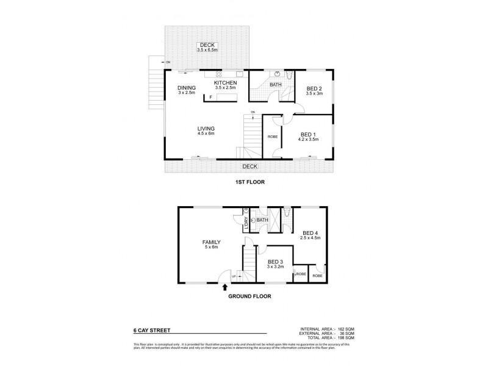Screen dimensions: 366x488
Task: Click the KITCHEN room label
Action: (x=225, y=82)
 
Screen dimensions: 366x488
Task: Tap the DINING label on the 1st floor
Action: (x=186, y=88)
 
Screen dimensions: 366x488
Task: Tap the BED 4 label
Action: (x=310, y=232)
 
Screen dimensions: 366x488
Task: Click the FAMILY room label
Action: (x=211, y=242)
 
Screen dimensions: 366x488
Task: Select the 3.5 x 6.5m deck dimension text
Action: (x=209, y=49)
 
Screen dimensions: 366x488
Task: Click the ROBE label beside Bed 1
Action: (x=272, y=137)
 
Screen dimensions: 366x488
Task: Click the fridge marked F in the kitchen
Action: (x=210, y=98)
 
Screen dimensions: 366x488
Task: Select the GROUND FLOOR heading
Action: (x=249, y=296)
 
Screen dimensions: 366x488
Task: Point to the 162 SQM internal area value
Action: (x=345, y=329)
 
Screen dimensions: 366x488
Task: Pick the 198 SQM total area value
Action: (x=345, y=337)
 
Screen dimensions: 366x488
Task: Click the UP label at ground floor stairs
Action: (x=234, y=278)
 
